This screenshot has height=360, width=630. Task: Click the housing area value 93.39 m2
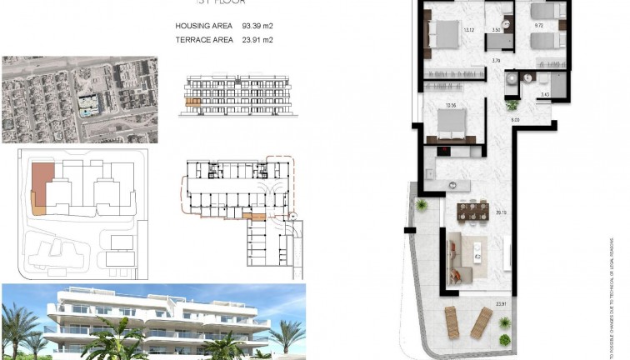tap(257, 26)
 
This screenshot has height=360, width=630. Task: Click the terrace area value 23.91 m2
tap(257, 39)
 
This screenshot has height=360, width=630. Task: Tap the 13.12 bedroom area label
tap(468, 31)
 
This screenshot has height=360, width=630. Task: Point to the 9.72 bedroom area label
tap(539, 27)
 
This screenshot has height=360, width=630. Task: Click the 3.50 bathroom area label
tap(497, 30)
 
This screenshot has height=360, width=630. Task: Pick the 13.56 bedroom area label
tap(451, 106)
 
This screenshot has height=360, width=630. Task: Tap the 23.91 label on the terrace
tap(501, 303)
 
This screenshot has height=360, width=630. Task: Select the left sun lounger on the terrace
tap(458, 320)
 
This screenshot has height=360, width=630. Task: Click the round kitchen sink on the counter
tap(452, 184)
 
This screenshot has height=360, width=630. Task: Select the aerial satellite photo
tap(80, 100)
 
